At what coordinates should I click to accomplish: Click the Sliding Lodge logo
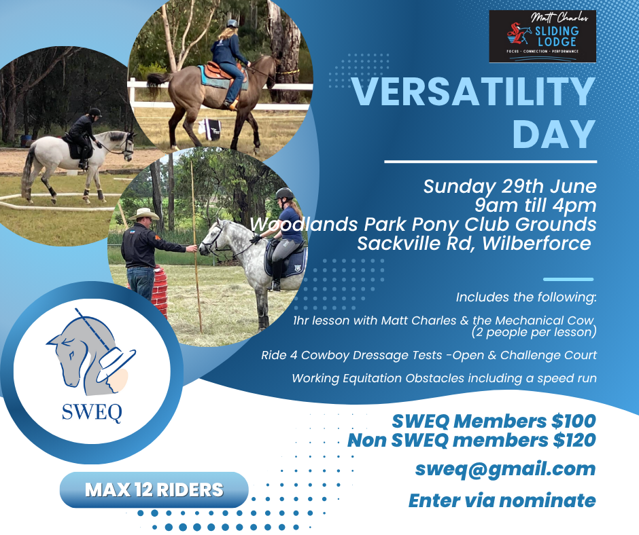(x=542, y=36)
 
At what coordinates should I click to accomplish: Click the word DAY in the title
(x=554, y=134)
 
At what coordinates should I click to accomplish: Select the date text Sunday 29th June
(x=510, y=187)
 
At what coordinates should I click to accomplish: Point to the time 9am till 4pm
(x=535, y=205)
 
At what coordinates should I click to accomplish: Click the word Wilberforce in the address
(x=536, y=244)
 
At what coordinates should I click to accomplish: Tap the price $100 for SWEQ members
(x=574, y=421)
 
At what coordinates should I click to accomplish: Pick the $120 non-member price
(x=574, y=440)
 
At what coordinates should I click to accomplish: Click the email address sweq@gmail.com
(x=505, y=469)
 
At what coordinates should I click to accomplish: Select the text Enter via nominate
(x=502, y=500)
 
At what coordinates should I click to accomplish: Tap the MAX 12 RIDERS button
(x=154, y=490)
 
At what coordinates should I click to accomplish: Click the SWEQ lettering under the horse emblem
(x=92, y=412)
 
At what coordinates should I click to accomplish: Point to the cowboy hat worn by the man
(x=143, y=214)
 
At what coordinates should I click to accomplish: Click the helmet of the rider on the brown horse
(x=232, y=24)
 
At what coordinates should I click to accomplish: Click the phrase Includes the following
(x=526, y=297)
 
